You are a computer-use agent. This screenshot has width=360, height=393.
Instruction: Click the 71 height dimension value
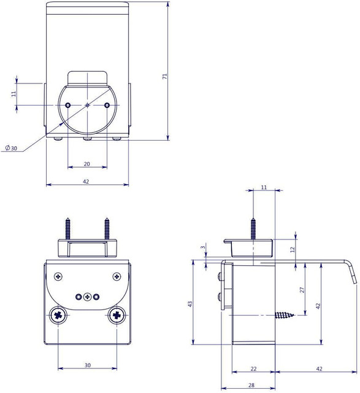click(164, 76)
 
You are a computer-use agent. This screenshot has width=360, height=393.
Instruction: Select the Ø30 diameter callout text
click(11, 149)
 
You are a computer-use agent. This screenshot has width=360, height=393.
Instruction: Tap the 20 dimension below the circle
click(86, 163)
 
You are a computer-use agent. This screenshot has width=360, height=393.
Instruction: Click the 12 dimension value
click(293, 250)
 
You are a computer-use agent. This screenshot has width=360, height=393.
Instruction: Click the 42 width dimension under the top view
click(86, 181)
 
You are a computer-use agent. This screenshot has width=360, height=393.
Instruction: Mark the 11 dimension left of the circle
click(13, 93)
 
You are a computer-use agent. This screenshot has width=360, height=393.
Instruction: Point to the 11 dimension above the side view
click(264, 187)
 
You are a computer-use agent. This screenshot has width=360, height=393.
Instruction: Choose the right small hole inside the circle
click(107, 105)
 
